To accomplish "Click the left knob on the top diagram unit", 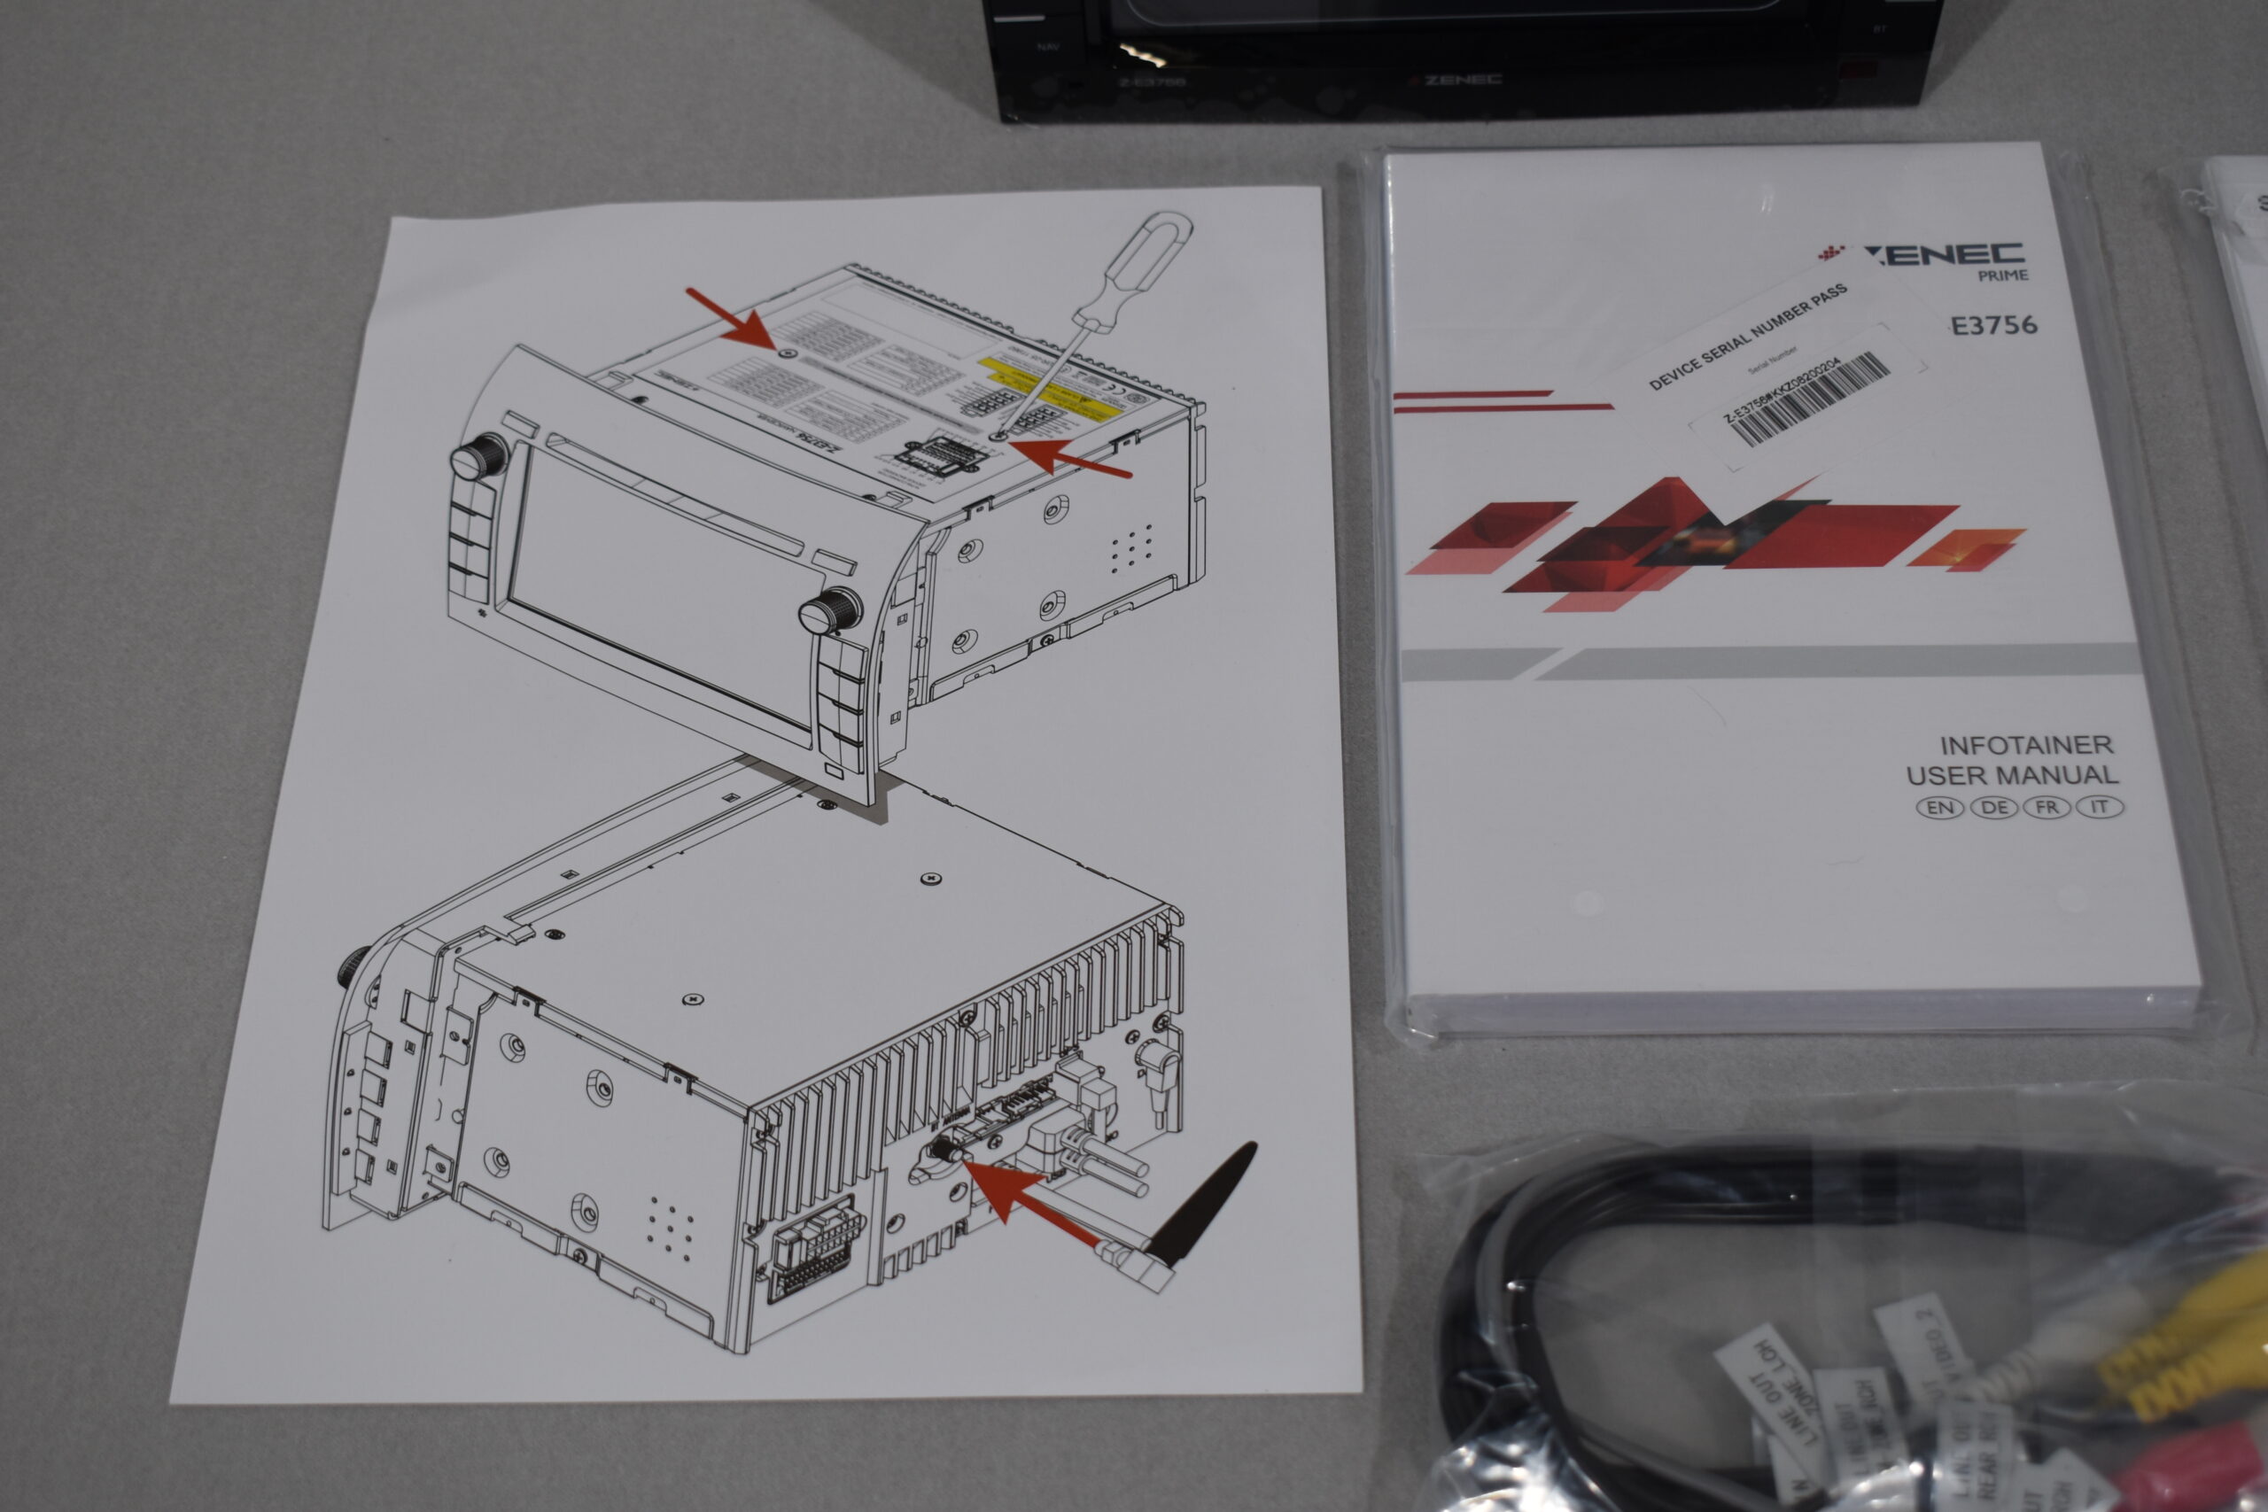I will (x=479, y=456).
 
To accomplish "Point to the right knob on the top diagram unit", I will (x=831, y=610).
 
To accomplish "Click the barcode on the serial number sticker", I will (x=1808, y=401).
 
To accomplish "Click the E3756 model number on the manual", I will (x=1993, y=325).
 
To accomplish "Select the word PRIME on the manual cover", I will (x=2003, y=275).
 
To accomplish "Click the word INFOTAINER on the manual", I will (x=2026, y=744).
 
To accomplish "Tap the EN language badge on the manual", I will (x=1939, y=807).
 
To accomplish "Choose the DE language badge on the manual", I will (x=1993, y=807).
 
